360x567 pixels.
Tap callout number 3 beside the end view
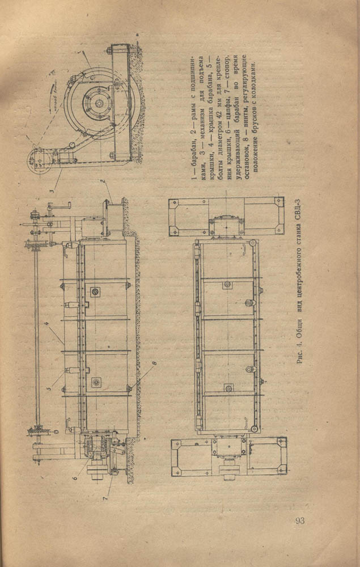coord(50,191)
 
